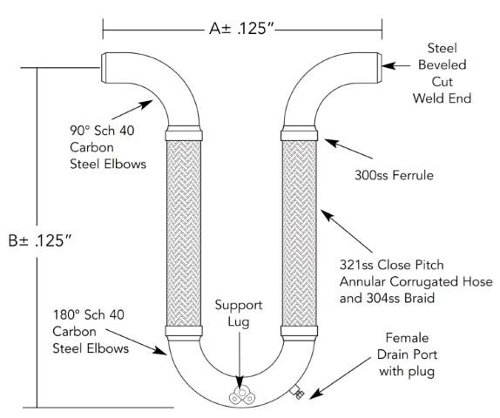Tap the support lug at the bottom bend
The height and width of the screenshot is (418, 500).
(x=240, y=393)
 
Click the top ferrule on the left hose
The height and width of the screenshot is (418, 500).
(x=189, y=135)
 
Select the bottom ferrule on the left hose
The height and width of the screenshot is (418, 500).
(x=189, y=331)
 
